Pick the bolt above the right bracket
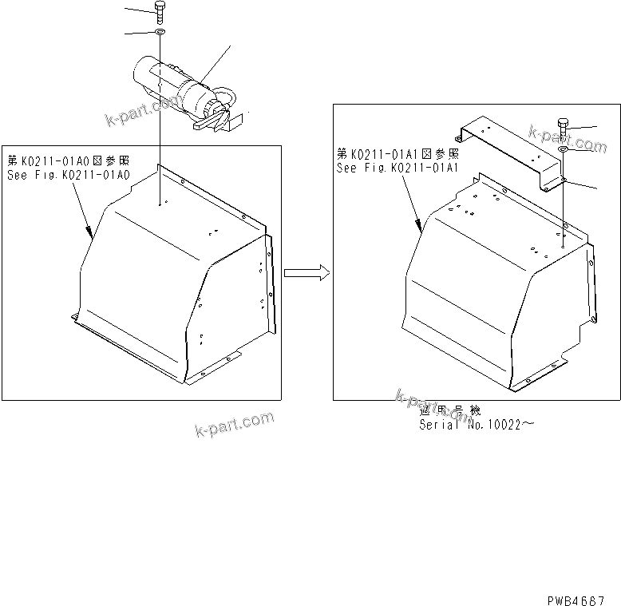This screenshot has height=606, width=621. click(x=564, y=127)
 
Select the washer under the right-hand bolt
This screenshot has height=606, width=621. click(x=564, y=149)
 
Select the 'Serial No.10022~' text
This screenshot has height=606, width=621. click(x=477, y=425)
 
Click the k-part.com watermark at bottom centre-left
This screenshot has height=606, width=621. click(x=234, y=425)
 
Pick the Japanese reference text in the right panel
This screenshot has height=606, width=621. click(x=397, y=154)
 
